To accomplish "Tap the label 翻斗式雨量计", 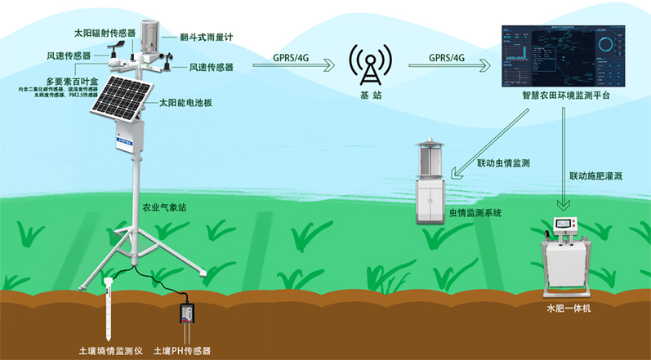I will (x=207, y=37).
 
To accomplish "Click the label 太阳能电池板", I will (x=185, y=103).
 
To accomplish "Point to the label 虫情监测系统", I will (x=475, y=213).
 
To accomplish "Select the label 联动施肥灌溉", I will (x=599, y=176).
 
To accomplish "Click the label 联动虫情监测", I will (x=503, y=164).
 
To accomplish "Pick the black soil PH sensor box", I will (x=187, y=313).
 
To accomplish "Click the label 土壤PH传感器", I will (x=185, y=351).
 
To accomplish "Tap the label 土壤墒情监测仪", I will (x=110, y=351).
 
